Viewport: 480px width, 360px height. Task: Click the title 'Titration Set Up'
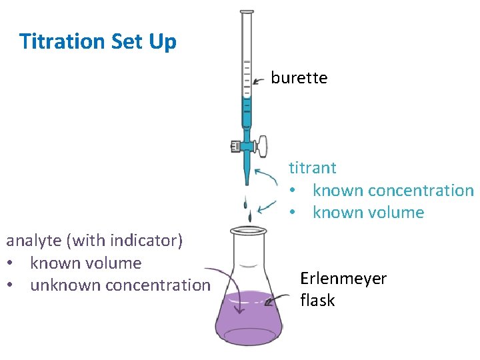pyautogui.click(x=98, y=41)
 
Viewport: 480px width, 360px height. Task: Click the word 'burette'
pyautogui.click(x=299, y=78)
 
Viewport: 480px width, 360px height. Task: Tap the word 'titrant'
pyautogui.click(x=312, y=167)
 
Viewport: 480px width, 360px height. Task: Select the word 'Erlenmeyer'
pyautogui.click(x=343, y=279)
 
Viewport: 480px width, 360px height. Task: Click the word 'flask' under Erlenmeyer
pyautogui.click(x=317, y=301)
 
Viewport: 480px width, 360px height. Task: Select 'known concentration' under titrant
pyautogui.click(x=393, y=190)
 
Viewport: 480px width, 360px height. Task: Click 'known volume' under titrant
pyautogui.click(x=368, y=213)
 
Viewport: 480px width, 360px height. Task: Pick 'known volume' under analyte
pyautogui.click(x=86, y=263)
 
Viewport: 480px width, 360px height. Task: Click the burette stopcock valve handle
pyautogui.click(x=261, y=143)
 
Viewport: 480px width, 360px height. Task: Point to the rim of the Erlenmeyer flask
pyautogui.click(x=248, y=231)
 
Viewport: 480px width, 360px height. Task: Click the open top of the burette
pyautogui.click(x=247, y=13)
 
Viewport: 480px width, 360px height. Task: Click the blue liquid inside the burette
pyautogui.click(x=247, y=113)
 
